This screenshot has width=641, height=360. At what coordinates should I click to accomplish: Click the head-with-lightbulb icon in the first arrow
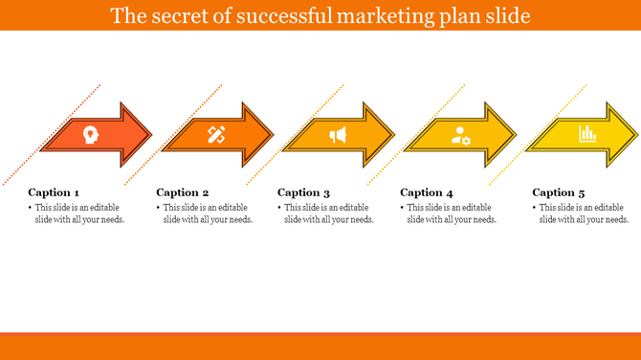[x=90, y=135]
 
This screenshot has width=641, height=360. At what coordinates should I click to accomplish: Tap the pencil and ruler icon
[x=216, y=135]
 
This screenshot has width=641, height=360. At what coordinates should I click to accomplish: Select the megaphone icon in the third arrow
[x=338, y=135]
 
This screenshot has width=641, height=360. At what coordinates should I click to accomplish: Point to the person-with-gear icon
[x=461, y=135]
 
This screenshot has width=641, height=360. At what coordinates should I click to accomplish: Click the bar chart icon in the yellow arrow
[x=586, y=135]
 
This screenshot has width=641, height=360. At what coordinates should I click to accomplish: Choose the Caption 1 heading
[x=54, y=192]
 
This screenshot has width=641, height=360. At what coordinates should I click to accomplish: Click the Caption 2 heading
[x=182, y=192]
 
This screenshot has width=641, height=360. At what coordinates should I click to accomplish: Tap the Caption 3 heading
[x=304, y=192]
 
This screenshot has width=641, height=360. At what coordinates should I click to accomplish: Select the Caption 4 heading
[x=426, y=192]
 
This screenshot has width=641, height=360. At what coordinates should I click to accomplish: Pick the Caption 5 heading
[x=559, y=192]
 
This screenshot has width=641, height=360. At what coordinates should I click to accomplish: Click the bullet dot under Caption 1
[x=30, y=208]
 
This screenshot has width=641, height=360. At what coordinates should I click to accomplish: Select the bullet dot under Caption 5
[x=534, y=208]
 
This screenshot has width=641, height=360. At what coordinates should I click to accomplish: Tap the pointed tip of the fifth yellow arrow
[x=638, y=135]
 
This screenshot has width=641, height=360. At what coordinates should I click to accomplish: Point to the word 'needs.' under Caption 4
[x=481, y=219]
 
